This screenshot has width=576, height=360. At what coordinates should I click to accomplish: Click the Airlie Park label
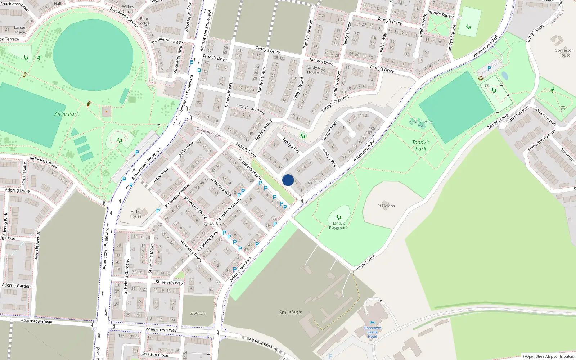click(x=67, y=114)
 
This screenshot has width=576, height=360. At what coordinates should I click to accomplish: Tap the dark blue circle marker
click(x=288, y=180)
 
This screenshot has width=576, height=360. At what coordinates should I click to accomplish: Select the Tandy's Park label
click(x=420, y=145)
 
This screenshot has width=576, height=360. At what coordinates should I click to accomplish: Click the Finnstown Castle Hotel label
click(x=372, y=332)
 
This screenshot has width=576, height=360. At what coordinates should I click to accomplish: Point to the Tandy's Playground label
click(x=338, y=226)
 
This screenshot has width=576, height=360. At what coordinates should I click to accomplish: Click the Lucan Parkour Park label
click(x=421, y=124)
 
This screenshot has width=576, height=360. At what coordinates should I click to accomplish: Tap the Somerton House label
click(x=564, y=53)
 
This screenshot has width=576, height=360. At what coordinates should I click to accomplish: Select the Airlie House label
click(x=136, y=214)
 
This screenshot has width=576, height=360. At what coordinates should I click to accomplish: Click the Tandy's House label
click(x=313, y=70)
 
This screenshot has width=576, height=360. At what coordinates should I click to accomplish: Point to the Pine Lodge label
click(x=144, y=21)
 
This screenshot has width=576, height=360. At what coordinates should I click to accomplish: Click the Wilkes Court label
click(x=128, y=9)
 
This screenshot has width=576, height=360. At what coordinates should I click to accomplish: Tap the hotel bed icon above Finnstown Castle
click(x=372, y=323)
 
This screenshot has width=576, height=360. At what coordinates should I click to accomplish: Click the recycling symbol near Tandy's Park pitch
click(x=480, y=78)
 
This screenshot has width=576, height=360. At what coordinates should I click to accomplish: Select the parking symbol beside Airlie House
click(x=158, y=211)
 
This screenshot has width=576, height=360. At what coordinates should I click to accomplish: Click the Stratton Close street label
click(x=155, y=354)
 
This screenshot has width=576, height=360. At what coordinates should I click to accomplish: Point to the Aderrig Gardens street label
click(x=17, y=286)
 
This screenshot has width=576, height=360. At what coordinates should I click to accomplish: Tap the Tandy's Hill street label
click(x=291, y=145)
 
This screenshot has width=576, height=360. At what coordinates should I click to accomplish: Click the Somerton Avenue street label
click(x=541, y=140)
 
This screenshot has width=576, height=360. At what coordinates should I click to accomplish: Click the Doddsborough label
click(x=208, y=132)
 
